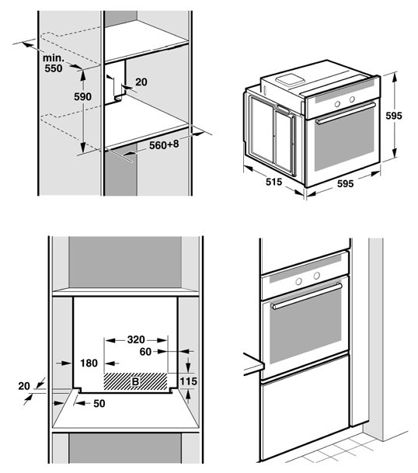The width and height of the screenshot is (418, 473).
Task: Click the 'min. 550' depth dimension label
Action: click(54, 63)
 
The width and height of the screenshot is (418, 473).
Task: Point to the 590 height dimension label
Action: click(82, 96)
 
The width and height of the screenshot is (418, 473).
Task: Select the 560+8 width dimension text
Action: click(164, 144)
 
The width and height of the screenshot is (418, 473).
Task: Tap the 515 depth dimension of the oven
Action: click(273, 182)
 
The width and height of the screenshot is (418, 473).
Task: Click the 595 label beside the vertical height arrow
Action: click(394, 116)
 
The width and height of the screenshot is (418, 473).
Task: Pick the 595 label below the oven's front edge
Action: click(345, 183)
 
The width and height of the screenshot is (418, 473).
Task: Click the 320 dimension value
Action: click(136, 339)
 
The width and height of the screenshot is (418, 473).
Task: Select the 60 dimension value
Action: click(145, 351)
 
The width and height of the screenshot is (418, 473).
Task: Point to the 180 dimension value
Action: click(89, 363)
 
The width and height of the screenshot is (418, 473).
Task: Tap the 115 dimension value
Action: click(188, 381)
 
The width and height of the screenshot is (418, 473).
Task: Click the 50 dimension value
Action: click(99, 403)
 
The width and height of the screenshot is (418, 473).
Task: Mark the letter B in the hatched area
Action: click(135, 381)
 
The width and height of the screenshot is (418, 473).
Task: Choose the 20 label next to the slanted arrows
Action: click(24, 386)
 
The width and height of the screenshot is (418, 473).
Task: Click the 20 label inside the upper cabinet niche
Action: click(141, 82)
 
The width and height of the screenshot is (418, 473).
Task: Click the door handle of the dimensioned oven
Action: click(346, 113)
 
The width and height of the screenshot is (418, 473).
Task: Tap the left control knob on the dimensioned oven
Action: click(337, 104)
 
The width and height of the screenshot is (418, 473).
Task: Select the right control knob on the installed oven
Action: click(316, 276)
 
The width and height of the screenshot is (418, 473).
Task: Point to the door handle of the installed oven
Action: click(307, 296)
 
